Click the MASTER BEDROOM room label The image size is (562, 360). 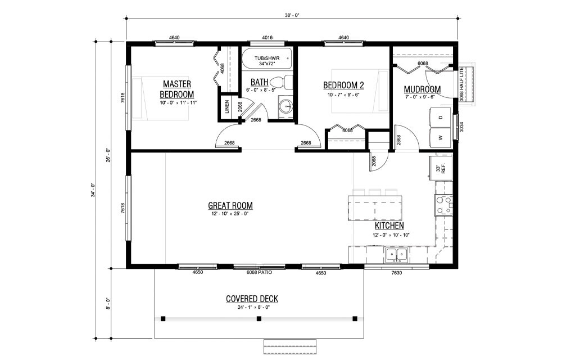[176, 89]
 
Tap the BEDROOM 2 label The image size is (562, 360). [343, 85]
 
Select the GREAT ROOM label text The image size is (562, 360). [230, 205]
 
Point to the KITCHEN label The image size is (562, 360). [389, 226]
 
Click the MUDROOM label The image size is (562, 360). [422, 89]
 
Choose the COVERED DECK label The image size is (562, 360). [252, 299]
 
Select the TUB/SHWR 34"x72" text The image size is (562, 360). [266, 61]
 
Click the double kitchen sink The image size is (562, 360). [397, 256]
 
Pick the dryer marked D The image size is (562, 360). [440, 118]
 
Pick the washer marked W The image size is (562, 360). [440, 137]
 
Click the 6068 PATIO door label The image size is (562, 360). [259, 272]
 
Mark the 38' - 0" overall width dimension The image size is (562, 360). [292, 15]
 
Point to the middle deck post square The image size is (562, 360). [259, 319]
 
